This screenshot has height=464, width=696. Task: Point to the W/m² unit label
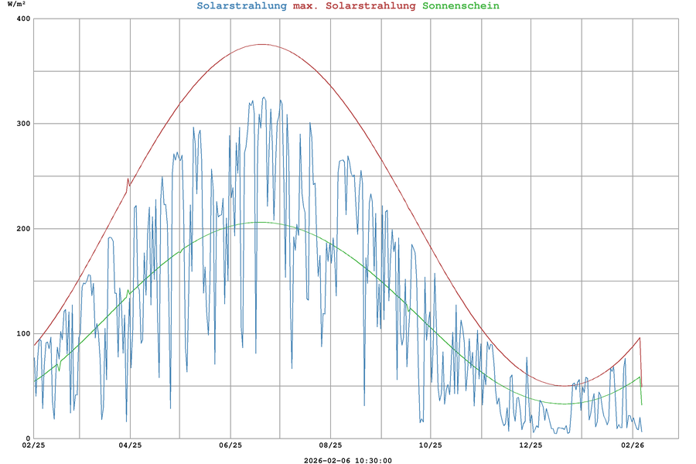tap(16, 5)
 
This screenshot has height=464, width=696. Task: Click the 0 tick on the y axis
tap(26, 438)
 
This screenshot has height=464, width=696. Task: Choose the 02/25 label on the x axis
tap(33, 445)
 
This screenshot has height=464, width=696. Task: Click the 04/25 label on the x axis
tap(130, 445)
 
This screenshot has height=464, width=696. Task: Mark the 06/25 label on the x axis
tap(230, 445)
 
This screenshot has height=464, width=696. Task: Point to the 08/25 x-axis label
tap(330, 445)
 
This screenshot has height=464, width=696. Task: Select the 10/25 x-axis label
tap(430, 445)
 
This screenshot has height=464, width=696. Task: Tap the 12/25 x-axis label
tap(531, 445)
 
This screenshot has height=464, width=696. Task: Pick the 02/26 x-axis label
tap(633, 445)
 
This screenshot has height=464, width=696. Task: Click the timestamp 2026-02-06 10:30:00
tap(348, 460)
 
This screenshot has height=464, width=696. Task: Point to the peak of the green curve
tap(259, 222)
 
